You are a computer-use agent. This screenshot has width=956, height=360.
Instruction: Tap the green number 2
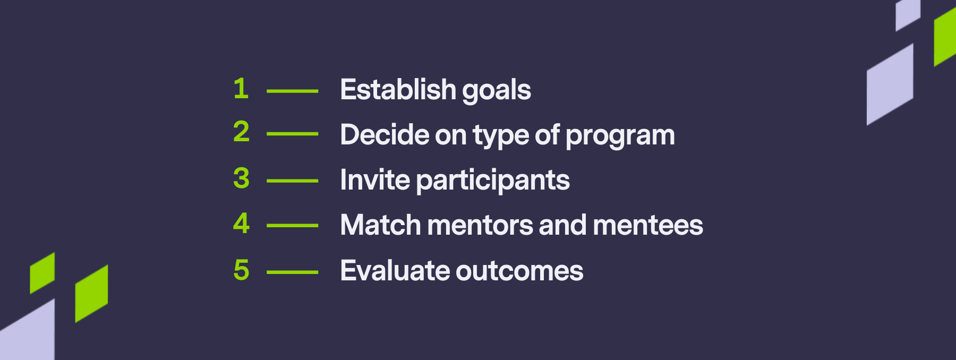click(241, 131)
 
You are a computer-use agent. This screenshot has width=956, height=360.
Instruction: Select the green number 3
click(241, 178)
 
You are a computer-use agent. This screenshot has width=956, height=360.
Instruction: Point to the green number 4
click(241, 223)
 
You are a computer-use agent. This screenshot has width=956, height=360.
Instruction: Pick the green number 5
click(241, 270)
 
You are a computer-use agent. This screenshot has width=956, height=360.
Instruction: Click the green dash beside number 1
click(292, 91)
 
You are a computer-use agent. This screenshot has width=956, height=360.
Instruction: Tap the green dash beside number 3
click(292, 181)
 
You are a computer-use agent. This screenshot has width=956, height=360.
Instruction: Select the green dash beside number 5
click(292, 272)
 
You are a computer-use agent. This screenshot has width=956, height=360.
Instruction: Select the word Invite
click(375, 180)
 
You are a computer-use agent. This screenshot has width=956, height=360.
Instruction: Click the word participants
click(493, 182)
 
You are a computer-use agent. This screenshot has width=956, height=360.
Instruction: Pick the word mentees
click(648, 225)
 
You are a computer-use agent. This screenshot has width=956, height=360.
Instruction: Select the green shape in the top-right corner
click(945, 37)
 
